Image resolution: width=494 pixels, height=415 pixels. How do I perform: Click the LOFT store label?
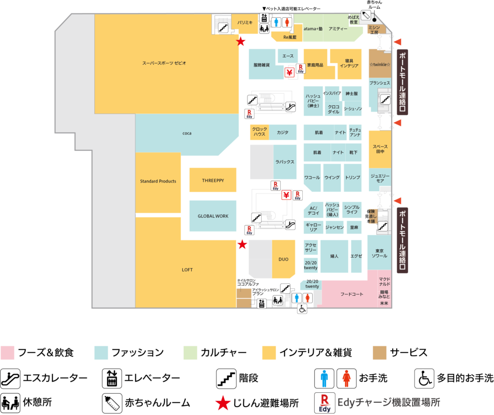click(x=187, y=270)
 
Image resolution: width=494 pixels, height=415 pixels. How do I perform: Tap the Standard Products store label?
click(x=158, y=182)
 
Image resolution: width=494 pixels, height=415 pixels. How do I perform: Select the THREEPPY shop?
click(x=213, y=181)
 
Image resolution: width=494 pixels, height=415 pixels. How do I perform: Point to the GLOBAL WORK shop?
click(x=213, y=216)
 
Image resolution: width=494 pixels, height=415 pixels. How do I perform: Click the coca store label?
click(x=187, y=134)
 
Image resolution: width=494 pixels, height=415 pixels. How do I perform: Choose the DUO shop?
click(x=283, y=259)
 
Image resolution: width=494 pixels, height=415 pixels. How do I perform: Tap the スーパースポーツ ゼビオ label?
click(x=164, y=63)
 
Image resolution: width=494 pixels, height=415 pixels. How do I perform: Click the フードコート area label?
click(x=352, y=294)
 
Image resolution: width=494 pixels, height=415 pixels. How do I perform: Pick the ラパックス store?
click(x=285, y=162)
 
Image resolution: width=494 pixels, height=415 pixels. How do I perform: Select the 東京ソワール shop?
click(x=379, y=253)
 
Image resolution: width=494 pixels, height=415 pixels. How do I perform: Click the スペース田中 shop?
click(x=380, y=149)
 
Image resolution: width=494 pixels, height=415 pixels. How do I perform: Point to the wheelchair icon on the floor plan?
click(x=302, y=309)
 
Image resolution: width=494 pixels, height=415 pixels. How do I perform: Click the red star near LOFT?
click(x=242, y=244)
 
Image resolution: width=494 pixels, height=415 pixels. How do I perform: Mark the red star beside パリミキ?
click(x=241, y=42)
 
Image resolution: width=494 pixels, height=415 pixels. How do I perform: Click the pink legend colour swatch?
click(x=8, y=353)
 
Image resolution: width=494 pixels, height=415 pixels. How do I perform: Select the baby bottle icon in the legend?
click(x=112, y=404)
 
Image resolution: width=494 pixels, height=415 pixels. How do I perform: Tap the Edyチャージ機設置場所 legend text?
click(x=388, y=402)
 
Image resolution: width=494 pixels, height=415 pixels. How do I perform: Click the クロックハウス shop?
click(x=259, y=132)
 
